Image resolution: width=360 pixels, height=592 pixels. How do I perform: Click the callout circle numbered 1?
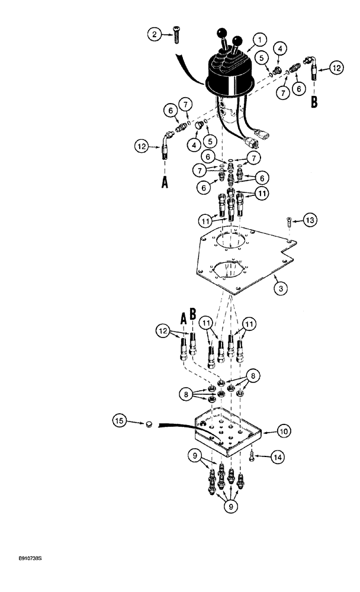[x=259, y=40]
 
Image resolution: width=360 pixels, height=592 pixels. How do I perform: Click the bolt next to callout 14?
[x=253, y=456]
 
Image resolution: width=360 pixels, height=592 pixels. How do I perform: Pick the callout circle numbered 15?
[x=120, y=421]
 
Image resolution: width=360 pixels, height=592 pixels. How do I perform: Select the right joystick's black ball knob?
[x=239, y=40]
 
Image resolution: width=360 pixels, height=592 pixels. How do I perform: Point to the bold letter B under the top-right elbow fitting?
[x=314, y=101]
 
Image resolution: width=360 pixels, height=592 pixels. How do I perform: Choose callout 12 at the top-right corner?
[x=335, y=69]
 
